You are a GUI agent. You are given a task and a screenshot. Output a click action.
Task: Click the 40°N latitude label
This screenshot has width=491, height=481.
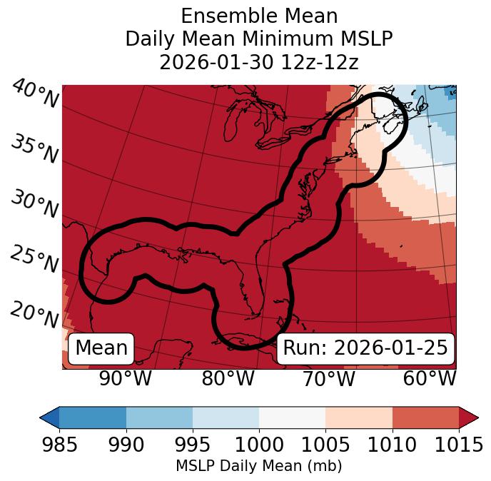coord(35,94)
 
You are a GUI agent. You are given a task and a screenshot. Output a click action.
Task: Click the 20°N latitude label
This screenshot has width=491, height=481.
coord(34,314)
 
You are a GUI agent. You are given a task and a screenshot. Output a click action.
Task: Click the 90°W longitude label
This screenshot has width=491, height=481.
coord(125,378)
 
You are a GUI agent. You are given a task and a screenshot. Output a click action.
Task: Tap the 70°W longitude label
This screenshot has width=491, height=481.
coord(329,378)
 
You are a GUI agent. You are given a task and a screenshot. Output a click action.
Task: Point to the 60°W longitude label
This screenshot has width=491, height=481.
coord(430,378)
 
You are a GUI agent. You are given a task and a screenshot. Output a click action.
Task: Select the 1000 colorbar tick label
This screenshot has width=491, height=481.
coord(259,445)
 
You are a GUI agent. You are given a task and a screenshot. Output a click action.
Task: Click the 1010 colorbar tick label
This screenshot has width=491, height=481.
coord(393,445)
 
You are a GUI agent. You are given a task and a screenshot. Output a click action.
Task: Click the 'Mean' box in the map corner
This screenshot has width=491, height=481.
coord(101,348)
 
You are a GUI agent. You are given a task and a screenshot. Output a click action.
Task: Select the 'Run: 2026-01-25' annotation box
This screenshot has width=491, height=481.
coord(365,348)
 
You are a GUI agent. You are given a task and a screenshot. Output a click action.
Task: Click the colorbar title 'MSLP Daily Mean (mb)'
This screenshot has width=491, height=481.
coord(258,466)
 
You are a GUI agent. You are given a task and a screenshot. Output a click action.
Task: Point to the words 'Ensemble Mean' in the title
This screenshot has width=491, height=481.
coord(259,16)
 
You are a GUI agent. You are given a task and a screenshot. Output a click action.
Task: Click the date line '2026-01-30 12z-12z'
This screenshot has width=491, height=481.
coord(259,62)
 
